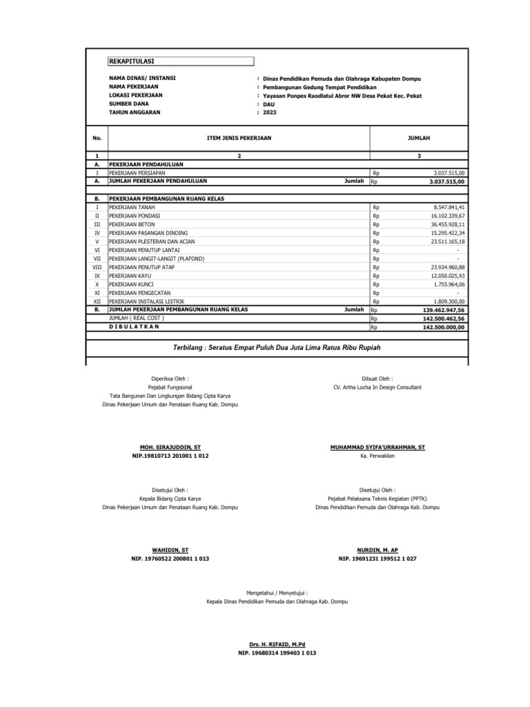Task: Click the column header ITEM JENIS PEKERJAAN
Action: [x=239, y=138]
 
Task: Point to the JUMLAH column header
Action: [x=419, y=138]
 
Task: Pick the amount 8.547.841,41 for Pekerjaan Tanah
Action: [x=449, y=207]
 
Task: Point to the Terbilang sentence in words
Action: [x=277, y=346]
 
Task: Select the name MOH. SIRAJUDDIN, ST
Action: [x=170, y=447]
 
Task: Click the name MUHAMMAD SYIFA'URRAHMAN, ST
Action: [x=378, y=447]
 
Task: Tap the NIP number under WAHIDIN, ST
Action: [x=170, y=558]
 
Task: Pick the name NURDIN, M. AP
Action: [x=377, y=550]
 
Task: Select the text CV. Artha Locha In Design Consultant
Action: [x=377, y=387]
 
